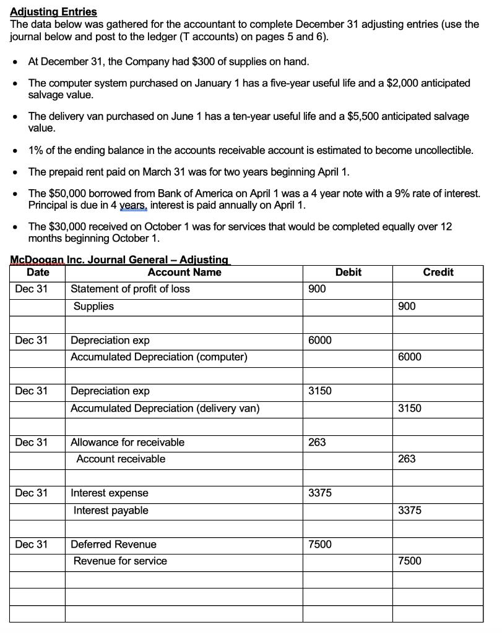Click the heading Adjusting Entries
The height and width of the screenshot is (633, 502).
[x=54, y=12]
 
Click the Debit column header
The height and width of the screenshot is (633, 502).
[x=348, y=272]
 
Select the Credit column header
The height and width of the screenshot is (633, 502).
[x=438, y=272]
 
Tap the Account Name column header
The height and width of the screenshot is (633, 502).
[x=184, y=272]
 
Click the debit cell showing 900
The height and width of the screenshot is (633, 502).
[x=317, y=289]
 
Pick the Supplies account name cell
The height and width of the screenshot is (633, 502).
[x=93, y=306]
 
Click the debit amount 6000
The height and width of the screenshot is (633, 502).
[x=319, y=340]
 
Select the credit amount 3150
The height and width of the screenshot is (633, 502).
[x=410, y=408]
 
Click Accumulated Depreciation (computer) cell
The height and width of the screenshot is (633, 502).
[x=159, y=357]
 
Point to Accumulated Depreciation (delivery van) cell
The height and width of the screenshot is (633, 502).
[x=165, y=408]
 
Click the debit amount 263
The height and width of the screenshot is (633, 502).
[x=316, y=442]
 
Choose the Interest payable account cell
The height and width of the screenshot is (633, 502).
[x=111, y=510]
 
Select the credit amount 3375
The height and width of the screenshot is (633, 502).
[x=410, y=510]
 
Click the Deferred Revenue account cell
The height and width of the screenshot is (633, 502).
[x=114, y=544]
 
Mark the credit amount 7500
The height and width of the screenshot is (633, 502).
[x=410, y=561]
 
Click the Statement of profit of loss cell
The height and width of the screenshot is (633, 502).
[x=131, y=289]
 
